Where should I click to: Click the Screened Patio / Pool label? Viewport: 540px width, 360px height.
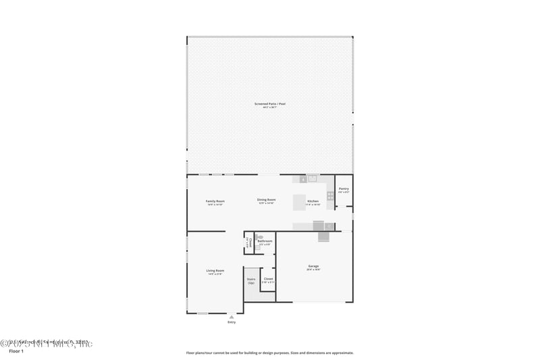pos(270,103)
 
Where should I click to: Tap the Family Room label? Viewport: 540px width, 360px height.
pos(215,201)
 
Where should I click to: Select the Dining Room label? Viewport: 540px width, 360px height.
pos(267,199)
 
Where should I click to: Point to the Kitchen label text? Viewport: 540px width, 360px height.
pos(313,201)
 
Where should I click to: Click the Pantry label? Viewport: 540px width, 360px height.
pos(344,189)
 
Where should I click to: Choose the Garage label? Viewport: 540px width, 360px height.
pos(313,267)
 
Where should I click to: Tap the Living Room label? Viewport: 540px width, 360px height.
pos(215,271)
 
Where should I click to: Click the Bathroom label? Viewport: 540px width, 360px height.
pos(265,241)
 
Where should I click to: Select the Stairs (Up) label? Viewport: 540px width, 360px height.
pos(250,280)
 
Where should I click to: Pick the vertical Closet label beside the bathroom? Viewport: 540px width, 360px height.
pos(248,243)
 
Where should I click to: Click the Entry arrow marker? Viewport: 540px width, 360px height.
pos(232,316)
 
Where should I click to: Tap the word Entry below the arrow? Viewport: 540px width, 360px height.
pos(232,322)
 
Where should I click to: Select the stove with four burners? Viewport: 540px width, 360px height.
pos(330,195)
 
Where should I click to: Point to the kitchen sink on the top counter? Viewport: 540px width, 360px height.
pos(303,179)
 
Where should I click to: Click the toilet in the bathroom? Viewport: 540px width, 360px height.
pos(257,248)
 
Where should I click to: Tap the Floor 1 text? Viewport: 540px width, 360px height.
pos(15,352)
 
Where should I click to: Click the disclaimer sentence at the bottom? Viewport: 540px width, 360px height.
pos(270,353)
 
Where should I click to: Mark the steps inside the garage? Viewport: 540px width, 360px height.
pos(323,236)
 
